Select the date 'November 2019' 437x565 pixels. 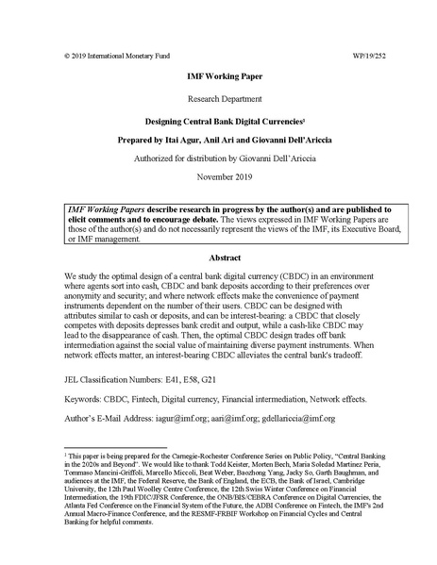point(218,176)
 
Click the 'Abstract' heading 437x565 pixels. point(218,257)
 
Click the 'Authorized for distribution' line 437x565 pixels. point(218,158)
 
